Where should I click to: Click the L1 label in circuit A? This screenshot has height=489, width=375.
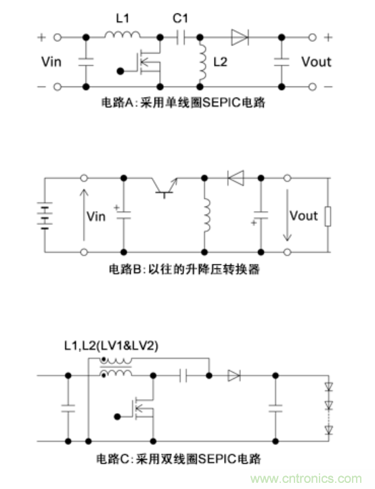pos(122,18)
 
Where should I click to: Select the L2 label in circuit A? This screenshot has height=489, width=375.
pos(220,62)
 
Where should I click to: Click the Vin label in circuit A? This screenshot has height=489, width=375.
pos(53,62)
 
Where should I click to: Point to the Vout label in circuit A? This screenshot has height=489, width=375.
pos(316,62)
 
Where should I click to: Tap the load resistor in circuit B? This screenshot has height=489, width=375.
pos(328,216)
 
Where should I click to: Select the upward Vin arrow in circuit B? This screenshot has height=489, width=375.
pos(83,216)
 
